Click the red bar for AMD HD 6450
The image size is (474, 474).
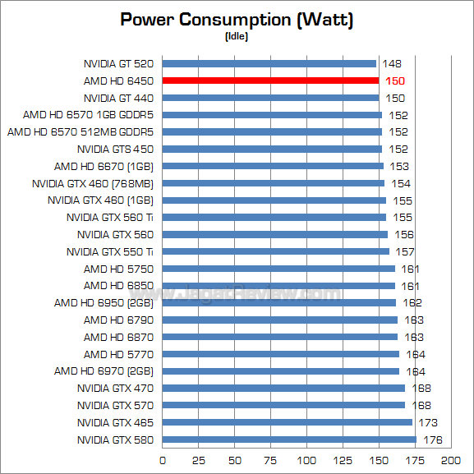point(270,81)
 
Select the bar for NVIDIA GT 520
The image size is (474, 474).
point(269,63)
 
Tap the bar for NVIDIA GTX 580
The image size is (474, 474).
point(289,439)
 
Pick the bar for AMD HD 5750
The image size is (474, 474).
point(278,269)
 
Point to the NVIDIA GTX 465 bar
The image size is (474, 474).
point(288,422)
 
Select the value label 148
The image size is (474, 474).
point(391,63)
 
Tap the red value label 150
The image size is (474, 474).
point(395,81)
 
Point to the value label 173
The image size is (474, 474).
point(427,422)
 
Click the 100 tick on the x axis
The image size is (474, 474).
point(307,460)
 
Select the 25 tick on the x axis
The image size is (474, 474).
point(199,460)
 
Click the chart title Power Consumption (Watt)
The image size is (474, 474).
point(237,20)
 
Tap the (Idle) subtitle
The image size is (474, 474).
point(237,37)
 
